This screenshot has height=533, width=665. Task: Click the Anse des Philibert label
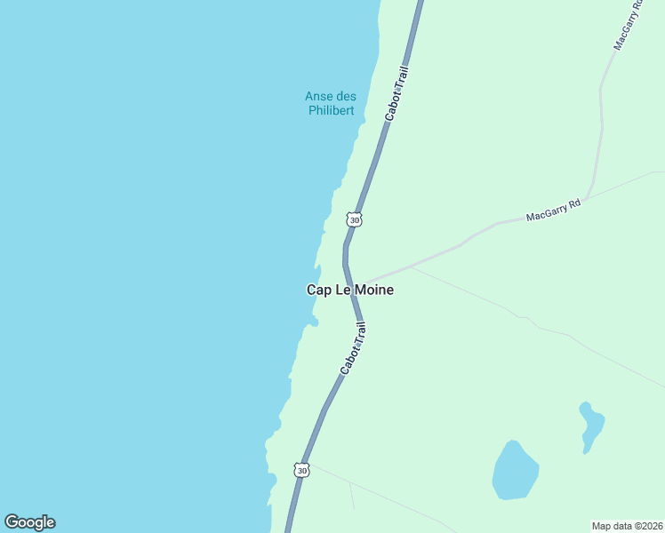[x=331, y=103]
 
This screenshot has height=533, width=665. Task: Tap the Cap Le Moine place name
[x=349, y=290]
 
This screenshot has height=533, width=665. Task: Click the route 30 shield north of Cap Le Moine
[x=355, y=219]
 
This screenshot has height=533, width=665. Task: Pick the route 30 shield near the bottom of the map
[x=302, y=470]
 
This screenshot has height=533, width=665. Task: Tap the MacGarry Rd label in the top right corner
[x=628, y=24]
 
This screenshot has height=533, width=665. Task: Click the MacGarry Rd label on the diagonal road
[x=553, y=211]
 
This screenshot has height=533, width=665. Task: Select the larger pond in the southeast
[x=515, y=470]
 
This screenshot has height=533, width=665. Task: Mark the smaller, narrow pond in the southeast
[x=591, y=426]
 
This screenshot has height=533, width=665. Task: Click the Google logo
[x=29, y=522]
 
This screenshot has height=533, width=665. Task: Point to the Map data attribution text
[x=627, y=525]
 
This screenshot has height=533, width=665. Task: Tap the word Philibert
[x=331, y=110]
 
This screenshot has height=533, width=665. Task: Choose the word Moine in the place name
[x=374, y=290]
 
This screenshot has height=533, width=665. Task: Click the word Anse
[x=318, y=96]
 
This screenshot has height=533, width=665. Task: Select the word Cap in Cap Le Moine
[x=318, y=290]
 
